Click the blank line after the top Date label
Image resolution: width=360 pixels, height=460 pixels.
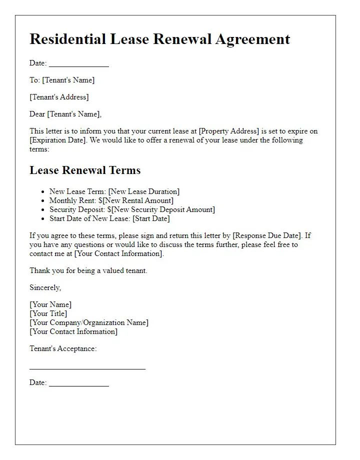pyautogui.click(x=78, y=65)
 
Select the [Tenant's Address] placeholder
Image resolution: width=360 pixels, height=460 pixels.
pyautogui.click(x=59, y=97)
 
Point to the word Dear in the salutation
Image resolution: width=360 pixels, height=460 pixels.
pyautogui.click(x=37, y=114)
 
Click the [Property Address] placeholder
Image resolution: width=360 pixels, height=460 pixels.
pyautogui.click(x=229, y=131)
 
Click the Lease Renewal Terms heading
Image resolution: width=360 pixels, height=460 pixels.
pyautogui.click(x=85, y=170)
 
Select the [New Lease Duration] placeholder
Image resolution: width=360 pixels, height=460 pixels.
pyautogui.click(x=144, y=191)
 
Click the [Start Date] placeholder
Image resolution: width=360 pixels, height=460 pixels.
pyautogui.click(x=151, y=218)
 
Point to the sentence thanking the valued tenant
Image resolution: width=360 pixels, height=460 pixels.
pyautogui.click(x=88, y=270)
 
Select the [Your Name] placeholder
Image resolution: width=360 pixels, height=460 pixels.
pyautogui.click(x=50, y=304)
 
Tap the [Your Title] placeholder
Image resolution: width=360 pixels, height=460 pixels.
pyautogui.click(x=48, y=313)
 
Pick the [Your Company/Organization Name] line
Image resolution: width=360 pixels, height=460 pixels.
pyautogui.click(x=89, y=322)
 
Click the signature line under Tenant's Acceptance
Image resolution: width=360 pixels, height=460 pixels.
pyautogui.click(x=87, y=368)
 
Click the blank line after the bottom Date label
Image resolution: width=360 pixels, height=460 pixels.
pyautogui.click(x=78, y=385)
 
